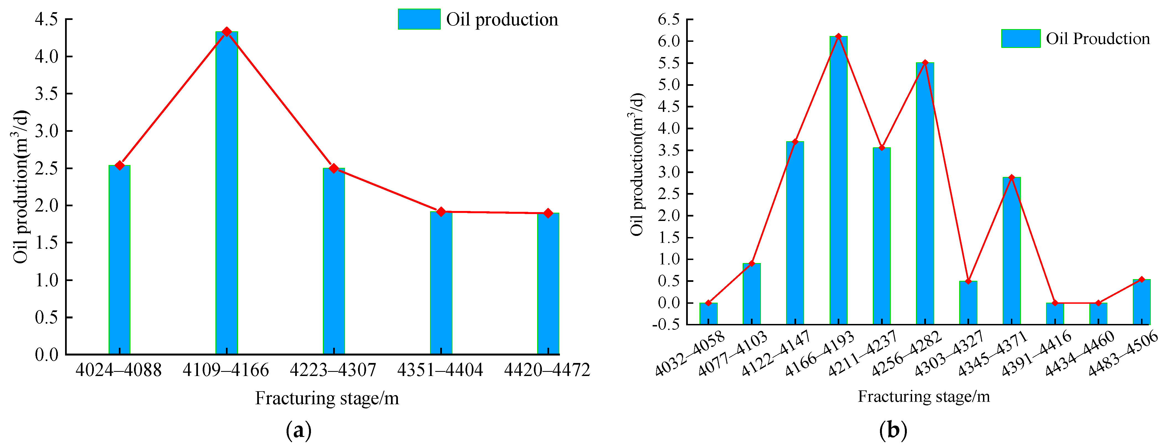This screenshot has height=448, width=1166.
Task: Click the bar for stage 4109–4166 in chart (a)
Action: [x=226, y=195]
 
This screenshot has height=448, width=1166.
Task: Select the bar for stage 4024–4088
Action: [x=120, y=260]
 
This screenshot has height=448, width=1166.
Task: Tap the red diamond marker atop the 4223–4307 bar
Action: [x=334, y=168]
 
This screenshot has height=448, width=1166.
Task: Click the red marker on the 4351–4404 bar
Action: [x=441, y=212]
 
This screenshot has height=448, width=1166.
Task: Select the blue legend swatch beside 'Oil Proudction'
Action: [x=1020, y=38]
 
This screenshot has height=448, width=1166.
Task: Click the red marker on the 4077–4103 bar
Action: [x=752, y=263]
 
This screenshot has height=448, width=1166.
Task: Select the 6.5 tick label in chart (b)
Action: [x=669, y=19]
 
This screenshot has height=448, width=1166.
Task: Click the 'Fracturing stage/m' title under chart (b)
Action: [x=923, y=396]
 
